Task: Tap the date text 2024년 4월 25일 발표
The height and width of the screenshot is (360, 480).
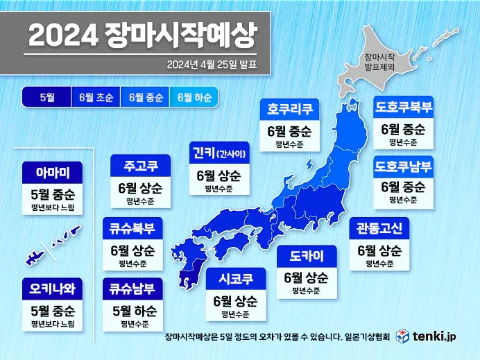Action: click(x=212, y=65)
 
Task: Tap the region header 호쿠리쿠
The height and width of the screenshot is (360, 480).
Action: click(x=289, y=109)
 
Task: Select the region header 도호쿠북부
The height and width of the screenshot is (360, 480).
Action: click(x=404, y=107)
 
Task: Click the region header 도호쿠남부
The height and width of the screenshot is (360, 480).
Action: click(x=404, y=166)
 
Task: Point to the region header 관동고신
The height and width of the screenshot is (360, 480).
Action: click(x=379, y=228)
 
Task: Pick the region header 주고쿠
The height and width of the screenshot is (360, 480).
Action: click(x=140, y=167)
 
